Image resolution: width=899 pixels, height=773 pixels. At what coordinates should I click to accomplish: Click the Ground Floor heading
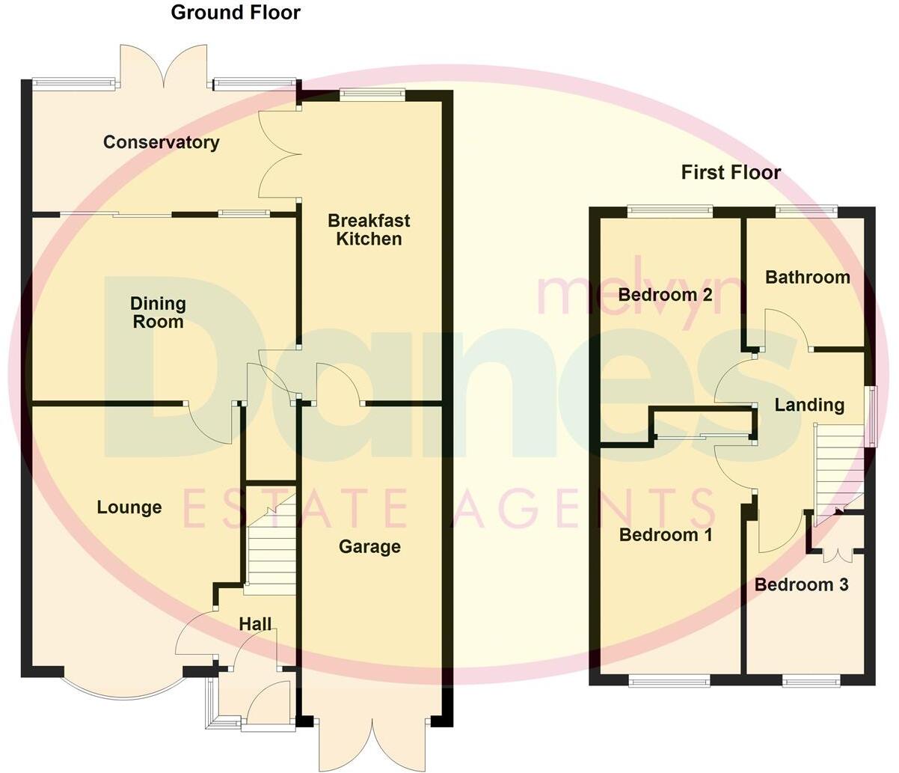(236, 13)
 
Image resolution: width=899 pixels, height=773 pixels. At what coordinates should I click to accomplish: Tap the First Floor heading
(730, 173)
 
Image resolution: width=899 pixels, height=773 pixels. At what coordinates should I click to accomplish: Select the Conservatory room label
(161, 142)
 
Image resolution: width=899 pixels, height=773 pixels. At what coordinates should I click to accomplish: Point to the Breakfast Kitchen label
(369, 230)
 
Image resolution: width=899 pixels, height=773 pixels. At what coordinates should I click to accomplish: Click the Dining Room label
(158, 313)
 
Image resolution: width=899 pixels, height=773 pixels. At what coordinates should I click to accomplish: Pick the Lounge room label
(129, 507)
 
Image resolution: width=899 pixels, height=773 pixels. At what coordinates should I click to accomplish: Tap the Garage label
(369, 547)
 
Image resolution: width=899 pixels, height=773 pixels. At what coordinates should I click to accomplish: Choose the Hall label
(255, 623)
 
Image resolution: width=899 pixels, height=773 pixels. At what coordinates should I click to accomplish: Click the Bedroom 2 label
(665, 295)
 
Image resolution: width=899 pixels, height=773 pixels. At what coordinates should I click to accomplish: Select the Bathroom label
(808, 278)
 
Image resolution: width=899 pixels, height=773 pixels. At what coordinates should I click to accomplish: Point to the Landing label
(809, 406)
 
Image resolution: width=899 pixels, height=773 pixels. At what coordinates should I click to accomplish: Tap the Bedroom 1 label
(666, 535)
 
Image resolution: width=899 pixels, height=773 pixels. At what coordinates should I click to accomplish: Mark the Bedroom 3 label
(801, 584)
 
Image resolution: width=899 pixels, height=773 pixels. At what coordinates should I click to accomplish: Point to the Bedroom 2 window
(669, 211)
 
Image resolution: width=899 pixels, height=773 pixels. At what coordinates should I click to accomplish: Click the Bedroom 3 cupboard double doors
(836, 554)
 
